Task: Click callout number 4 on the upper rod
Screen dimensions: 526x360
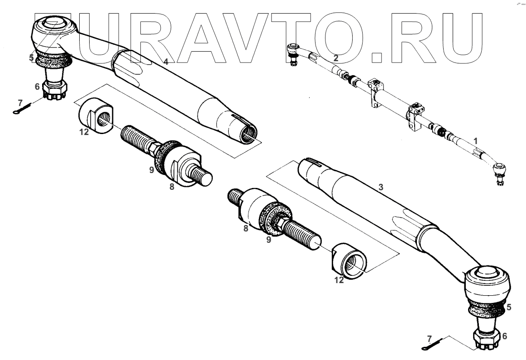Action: [166, 62]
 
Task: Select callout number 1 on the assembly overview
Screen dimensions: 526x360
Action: [475, 141]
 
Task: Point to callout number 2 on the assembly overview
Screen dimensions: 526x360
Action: [335, 58]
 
